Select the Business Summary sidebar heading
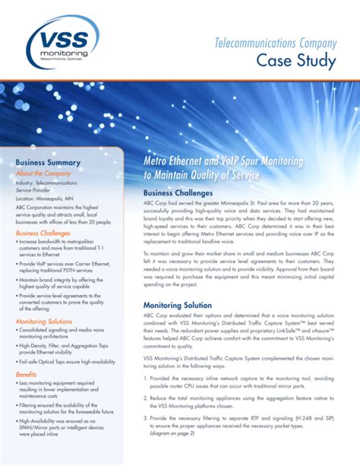tap(49, 162)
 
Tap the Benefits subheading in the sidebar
tap(27, 375)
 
